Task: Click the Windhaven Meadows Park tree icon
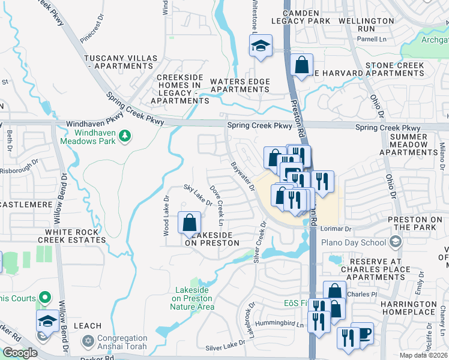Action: (x=125, y=136)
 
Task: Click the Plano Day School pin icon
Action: (x=395, y=242)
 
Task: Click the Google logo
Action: (x=20, y=353)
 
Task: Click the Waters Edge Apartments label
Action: (x=240, y=85)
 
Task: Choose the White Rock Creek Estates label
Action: (x=71, y=236)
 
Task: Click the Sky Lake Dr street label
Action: (x=198, y=195)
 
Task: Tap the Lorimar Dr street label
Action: (x=334, y=229)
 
